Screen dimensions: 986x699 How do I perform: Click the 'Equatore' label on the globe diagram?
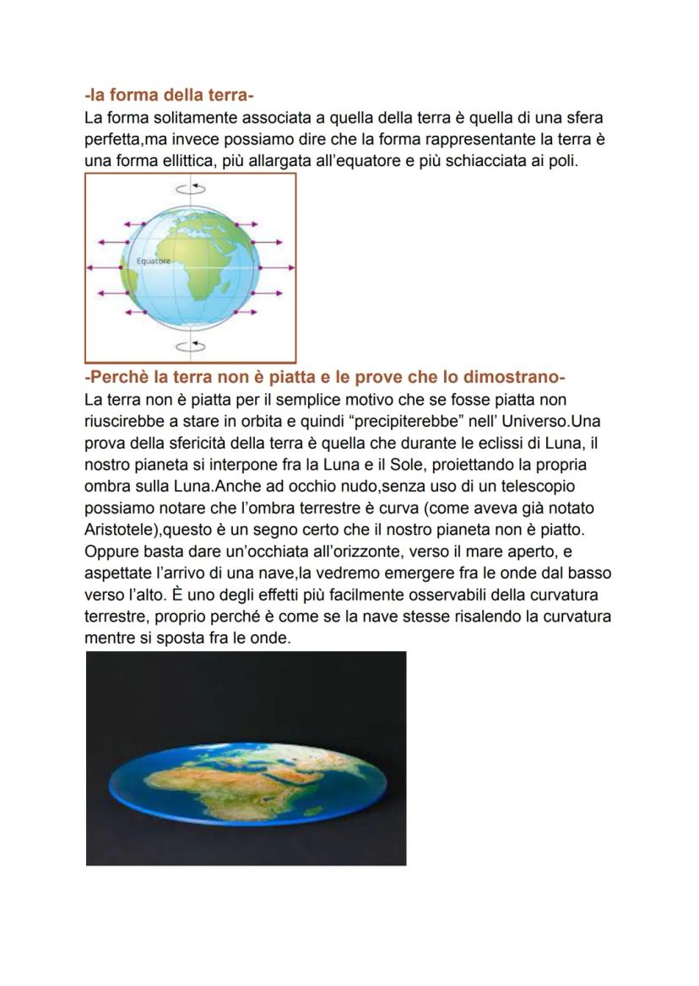[153, 261]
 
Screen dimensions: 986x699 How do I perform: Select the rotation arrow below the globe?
[192, 346]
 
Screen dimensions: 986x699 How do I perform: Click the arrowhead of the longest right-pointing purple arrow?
[292, 267]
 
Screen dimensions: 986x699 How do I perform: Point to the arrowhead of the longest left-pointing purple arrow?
[90, 267]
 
